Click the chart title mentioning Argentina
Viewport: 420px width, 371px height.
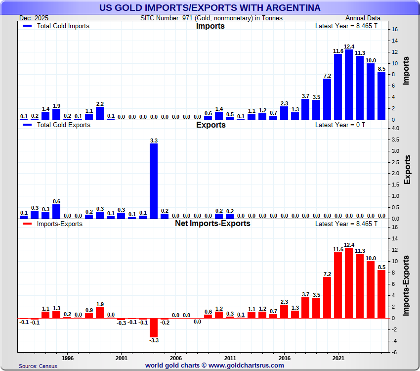tap(210, 7)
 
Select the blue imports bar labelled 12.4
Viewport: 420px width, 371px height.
tap(349, 85)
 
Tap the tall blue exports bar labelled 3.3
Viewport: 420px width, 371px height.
tap(154, 181)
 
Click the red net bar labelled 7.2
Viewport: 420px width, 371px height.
tap(327, 297)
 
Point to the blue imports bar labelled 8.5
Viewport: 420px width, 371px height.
tap(381, 96)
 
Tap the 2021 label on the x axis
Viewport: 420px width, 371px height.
tap(338, 357)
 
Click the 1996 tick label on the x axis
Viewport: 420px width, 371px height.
tap(68, 357)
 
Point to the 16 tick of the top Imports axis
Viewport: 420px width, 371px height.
tap(395, 29)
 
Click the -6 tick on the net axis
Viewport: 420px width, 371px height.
tap(395, 352)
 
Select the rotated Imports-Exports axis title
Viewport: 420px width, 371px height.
tap(407, 286)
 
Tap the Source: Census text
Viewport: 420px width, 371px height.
tap(38, 366)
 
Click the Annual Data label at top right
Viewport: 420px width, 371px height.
tap(366, 18)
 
